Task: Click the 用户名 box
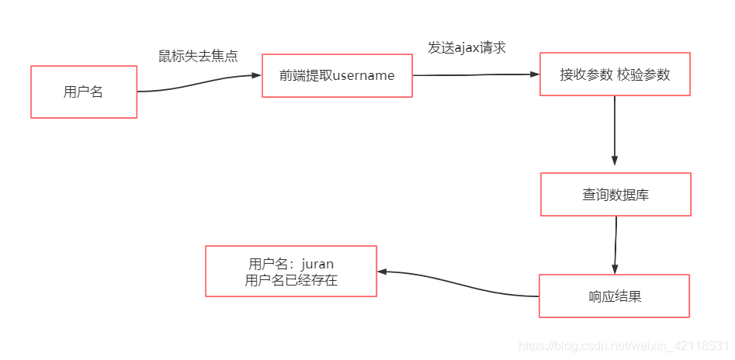[x=84, y=92]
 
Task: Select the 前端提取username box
[x=337, y=75]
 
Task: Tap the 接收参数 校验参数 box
[x=615, y=74]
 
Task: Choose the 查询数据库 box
[x=615, y=194]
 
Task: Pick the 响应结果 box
[x=614, y=296]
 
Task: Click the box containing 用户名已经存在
[x=291, y=271]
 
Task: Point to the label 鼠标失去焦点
[x=198, y=56]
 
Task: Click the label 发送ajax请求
[x=467, y=47]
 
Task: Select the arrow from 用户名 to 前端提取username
[x=199, y=83]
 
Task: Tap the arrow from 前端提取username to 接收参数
[x=475, y=74]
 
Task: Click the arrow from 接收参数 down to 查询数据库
[x=615, y=128]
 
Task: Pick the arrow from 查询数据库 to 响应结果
[x=615, y=244]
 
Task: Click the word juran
[x=317, y=264]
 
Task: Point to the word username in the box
[x=363, y=75]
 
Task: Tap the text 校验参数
[x=643, y=74]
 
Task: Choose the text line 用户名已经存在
[x=291, y=280]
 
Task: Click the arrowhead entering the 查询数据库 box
[x=615, y=161]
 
